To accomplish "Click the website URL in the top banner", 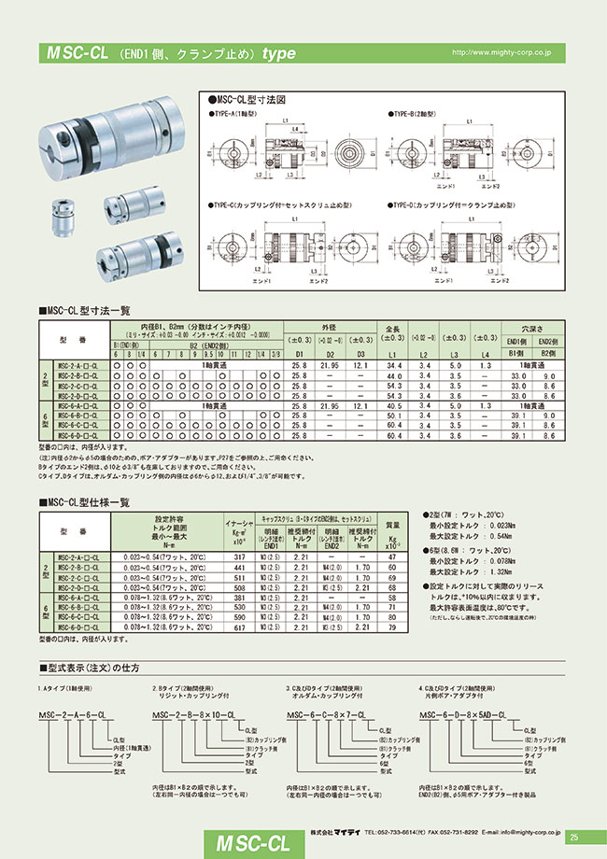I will point(501,54).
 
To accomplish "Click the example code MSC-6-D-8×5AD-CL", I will point(463,714).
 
